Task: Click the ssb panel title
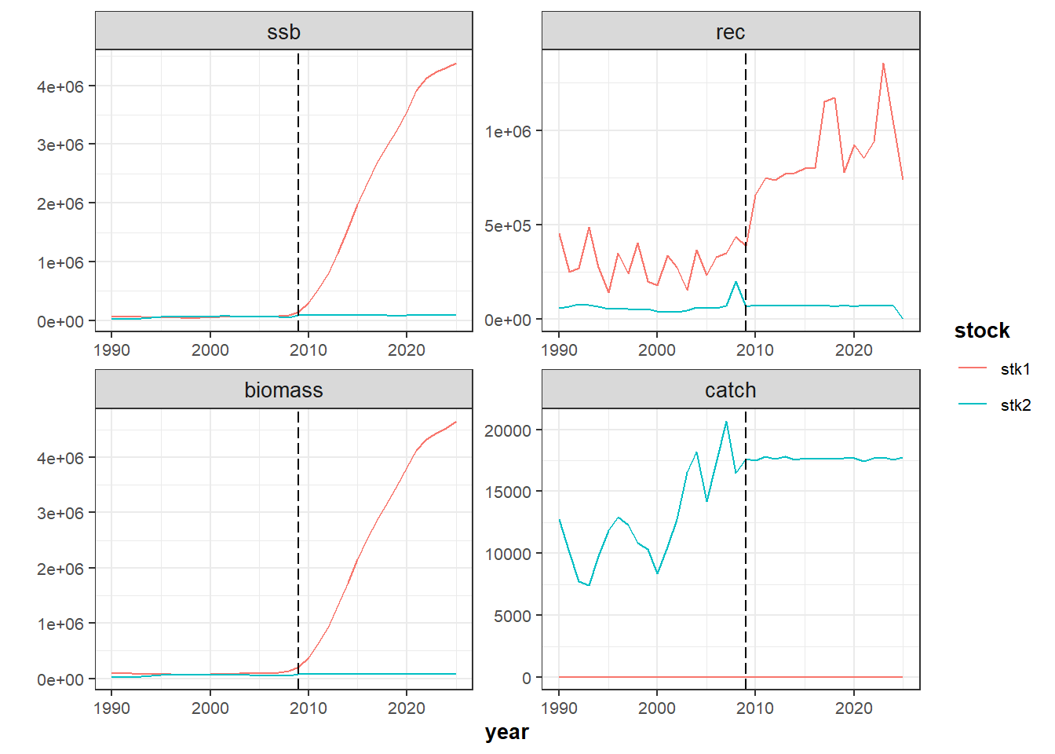pos(283,32)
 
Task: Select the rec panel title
pos(730,32)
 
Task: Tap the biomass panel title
pos(283,390)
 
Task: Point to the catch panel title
pos(730,390)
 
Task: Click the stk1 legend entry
pos(1014,368)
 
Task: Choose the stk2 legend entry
pos(1014,405)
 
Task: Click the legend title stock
pos(982,331)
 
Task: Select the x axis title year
pos(507,732)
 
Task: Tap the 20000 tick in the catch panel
pos(508,430)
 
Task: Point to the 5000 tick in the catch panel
pos(513,616)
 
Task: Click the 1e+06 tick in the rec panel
pos(508,131)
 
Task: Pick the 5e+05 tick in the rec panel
pos(508,226)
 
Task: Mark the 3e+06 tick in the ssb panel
pos(60,145)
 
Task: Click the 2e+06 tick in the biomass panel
pos(60,569)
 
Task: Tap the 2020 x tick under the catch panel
pos(853,708)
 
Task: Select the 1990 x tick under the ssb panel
pos(111,350)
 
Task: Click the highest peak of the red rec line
pos(883,64)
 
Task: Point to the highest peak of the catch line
pos(726,422)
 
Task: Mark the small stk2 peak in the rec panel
pos(736,281)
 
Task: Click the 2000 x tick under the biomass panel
pos(210,708)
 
